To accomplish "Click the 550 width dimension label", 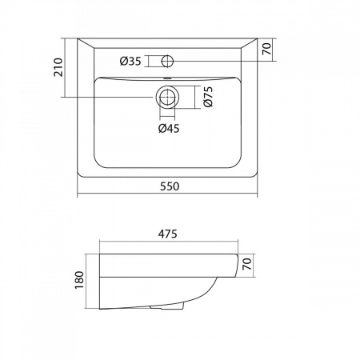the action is point(170,186).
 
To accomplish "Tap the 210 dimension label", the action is point(58,67).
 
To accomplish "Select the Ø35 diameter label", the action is point(130,62).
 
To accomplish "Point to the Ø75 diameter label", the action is point(208,97).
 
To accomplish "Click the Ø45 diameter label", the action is point(169,129).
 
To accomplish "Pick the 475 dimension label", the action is point(168,234).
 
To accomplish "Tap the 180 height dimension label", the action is point(79,280).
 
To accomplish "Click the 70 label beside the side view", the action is point(247,264).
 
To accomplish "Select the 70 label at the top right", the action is point(266,49).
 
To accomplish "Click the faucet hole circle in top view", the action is point(167,61).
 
